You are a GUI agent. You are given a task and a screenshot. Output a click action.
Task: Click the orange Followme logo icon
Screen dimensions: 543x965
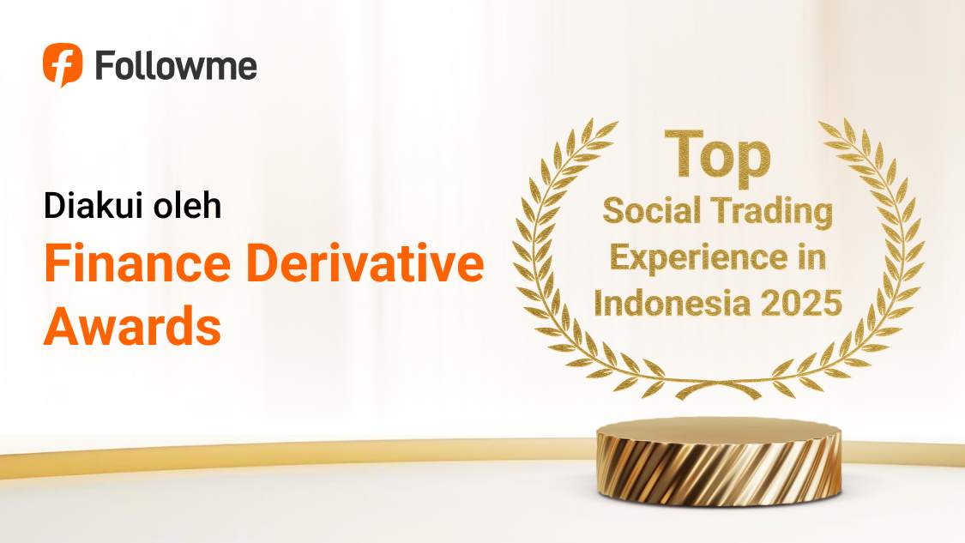(63, 64)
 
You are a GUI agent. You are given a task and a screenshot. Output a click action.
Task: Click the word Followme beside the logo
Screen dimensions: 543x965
(176, 65)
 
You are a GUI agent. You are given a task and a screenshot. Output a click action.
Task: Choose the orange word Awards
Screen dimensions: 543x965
(132, 327)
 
